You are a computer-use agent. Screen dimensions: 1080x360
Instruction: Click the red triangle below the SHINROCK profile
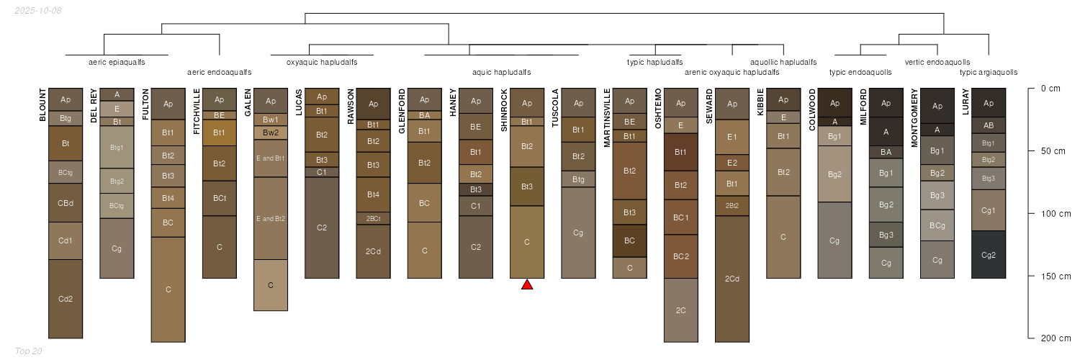pyautogui.click(x=527, y=285)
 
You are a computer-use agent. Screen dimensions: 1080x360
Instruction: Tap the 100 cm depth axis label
pyautogui.click(x=1056, y=214)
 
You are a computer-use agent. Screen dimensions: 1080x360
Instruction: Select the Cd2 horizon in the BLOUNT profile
pyautogui.click(x=66, y=299)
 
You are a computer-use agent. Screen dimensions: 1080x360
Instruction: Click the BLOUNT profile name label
pyautogui.click(x=42, y=104)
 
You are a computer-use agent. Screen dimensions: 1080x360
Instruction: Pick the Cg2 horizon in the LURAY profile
pyautogui.click(x=989, y=255)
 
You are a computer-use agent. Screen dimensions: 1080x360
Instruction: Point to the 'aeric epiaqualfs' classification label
pyautogui.click(x=117, y=62)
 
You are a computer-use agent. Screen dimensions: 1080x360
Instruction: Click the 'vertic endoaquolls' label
pyautogui.click(x=937, y=62)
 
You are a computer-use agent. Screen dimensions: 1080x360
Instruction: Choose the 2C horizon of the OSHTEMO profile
pyautogui.click(x=681, y=310)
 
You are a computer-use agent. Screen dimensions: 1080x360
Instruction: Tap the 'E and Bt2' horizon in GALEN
pyautogui.click(x=271, y=218)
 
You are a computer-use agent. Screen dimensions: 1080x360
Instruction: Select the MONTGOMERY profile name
pyautogui.click(x=914, y=117)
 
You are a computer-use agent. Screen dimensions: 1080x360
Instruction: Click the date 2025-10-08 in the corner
pyautogui.click(x=38, y=11)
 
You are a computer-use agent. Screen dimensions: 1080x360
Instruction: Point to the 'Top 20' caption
pyautogui.click(x=29, y=351)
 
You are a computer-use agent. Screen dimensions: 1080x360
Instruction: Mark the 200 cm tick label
pyautogui.click(x=1056, y=338)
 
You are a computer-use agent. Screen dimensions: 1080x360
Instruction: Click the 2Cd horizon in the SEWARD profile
pyautogui.click(x=732, y=279)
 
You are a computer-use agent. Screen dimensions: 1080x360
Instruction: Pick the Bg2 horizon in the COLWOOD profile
pyautogui.click(x=834, y=174)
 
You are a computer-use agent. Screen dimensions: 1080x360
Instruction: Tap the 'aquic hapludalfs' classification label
pyautogui.click(x=501, y=72)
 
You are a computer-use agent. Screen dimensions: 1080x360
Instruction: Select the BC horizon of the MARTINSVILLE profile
pyautogui.click(x=630, y=240)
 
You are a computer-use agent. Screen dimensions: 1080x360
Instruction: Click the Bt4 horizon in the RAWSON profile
pyautogui.click(x=373, y=194)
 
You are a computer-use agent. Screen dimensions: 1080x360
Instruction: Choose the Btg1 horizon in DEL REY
pyautogui.click(x=117, y=148)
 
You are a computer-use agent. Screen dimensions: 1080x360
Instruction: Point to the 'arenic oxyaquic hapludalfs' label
pyautogui.click(x=732, y=72)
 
